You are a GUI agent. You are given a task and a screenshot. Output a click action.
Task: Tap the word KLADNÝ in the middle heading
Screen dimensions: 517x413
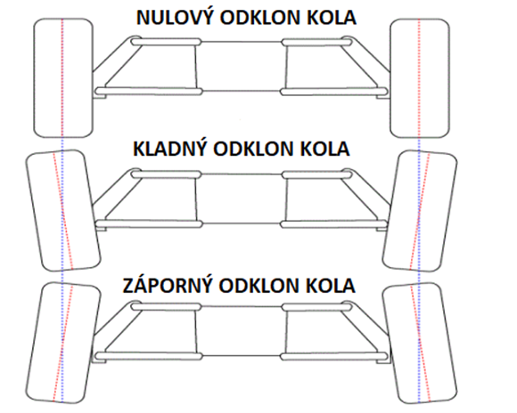[x=170, y=149]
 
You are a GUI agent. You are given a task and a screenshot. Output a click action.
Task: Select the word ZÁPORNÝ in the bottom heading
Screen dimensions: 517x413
[x=167, y=285]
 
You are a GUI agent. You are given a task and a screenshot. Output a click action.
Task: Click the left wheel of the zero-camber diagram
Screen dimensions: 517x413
[x=63, y=78]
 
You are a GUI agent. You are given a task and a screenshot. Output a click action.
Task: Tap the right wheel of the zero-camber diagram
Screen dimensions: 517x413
[x=420, y=78]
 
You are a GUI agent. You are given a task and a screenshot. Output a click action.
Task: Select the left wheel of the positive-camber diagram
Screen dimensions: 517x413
[x=63, y=210]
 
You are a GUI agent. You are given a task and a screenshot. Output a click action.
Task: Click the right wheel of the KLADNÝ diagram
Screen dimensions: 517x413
[x=420, y=211]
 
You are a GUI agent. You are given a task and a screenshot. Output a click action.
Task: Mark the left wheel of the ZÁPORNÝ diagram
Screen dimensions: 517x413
[x=63, y=343]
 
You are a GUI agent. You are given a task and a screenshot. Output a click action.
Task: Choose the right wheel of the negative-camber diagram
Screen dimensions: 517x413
[x=420, y=344]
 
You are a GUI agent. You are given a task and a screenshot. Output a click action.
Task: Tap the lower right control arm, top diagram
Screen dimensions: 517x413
[x=334, y=91]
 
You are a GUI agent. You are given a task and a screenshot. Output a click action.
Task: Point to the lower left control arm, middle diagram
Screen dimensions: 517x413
[x=148, y=224]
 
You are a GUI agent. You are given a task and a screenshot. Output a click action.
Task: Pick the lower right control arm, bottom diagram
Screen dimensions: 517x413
[x=334, y=356]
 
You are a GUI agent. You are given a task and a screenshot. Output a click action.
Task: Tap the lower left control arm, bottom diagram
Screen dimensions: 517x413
[x=148, y=356]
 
